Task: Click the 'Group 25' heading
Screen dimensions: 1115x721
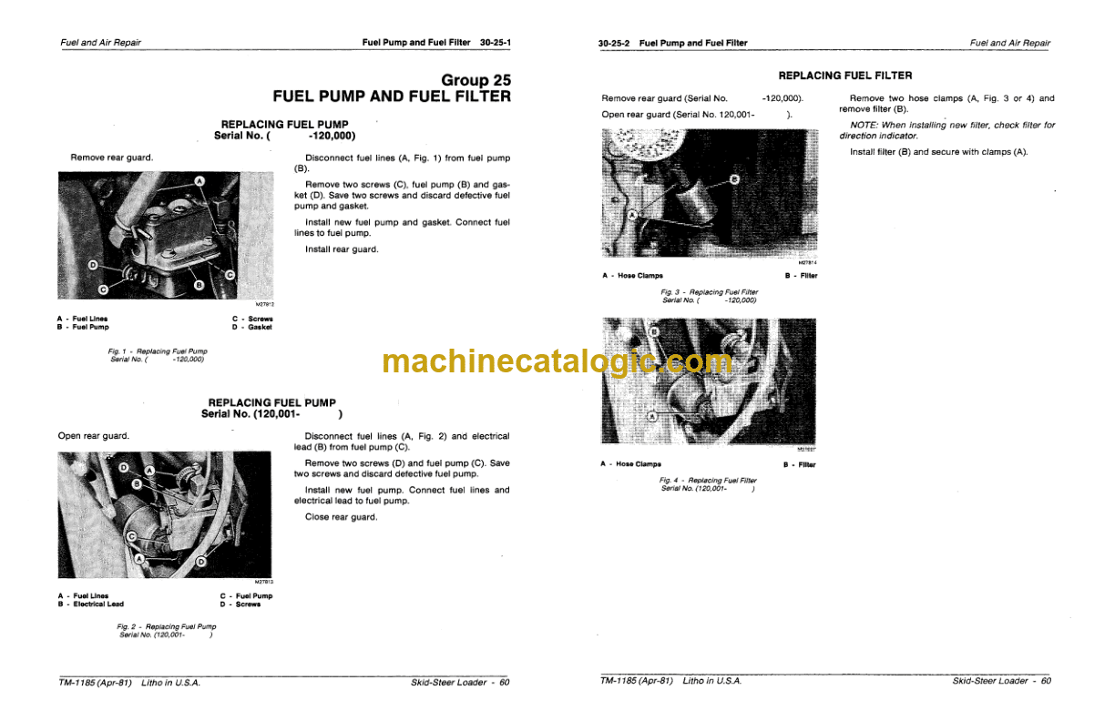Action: pos(476,80)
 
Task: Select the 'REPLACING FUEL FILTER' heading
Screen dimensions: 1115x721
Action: pos(845,76)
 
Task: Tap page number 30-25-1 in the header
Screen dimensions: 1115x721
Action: pos(496,43)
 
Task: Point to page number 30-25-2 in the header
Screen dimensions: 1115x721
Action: pos(614,44)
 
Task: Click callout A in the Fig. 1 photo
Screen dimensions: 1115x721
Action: pos(199,181)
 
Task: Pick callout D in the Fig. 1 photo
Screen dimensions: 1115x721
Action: pos(93,265)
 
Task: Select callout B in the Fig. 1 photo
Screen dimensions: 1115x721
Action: pos(199,285)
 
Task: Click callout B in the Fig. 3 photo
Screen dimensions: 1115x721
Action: pos(734,179)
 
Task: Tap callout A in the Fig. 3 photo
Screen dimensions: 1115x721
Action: pos(632,216)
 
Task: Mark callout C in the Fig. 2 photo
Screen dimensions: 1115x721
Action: pos(132,536)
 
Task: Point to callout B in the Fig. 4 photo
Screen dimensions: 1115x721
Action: pos(655,332)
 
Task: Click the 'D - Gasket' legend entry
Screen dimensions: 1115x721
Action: pos(251,328)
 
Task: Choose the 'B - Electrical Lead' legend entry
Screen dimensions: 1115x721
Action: pos(90,604)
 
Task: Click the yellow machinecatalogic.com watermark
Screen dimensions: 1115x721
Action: pos(557,361)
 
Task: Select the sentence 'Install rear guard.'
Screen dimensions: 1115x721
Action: pos(342,249)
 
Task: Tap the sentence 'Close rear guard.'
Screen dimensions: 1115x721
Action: pos(342,517)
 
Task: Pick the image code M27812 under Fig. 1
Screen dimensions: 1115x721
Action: pos(265,304)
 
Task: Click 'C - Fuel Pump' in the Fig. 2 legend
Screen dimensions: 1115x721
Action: pos(246,596)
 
